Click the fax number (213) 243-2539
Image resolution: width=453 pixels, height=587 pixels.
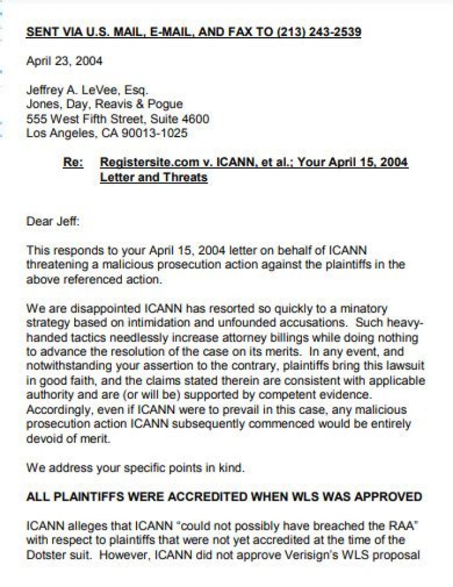tap(318, 32)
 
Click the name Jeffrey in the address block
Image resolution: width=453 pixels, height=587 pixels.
tap(45, 90)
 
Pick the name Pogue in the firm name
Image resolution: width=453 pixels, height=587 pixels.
tap(164, 105)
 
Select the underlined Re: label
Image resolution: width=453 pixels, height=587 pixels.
tap(73, 162)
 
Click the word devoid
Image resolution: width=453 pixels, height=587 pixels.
tap(42, 439)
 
